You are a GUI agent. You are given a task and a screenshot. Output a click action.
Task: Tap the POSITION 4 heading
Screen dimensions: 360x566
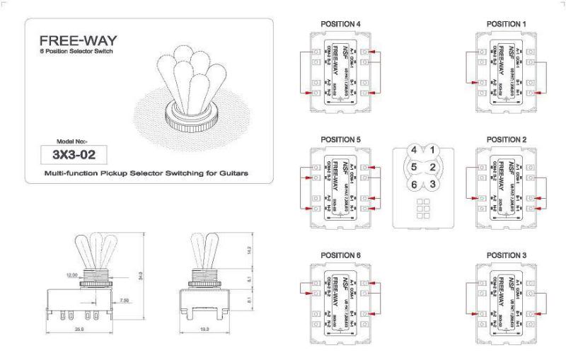point(341,25)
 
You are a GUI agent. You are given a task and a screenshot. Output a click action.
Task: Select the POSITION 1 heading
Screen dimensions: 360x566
point(507,25)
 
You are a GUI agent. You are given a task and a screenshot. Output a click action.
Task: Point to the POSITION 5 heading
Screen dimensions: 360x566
point(341,139)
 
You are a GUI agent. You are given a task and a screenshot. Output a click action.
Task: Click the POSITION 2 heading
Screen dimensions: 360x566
point(507,139)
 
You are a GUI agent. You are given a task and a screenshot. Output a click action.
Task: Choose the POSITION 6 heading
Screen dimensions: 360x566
point(341,255)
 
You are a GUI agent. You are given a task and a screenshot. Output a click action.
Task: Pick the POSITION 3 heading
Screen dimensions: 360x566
point(507,255)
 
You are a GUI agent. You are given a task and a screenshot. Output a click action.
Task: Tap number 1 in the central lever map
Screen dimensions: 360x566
point(432,150)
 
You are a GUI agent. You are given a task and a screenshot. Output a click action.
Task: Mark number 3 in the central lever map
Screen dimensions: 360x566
point(432,184)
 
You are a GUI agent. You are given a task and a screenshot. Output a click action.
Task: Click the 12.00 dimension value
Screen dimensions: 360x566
point(71,275)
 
